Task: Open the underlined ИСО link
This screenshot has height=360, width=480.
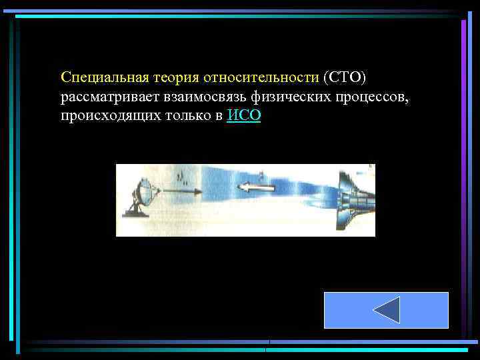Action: (x=244, y=116)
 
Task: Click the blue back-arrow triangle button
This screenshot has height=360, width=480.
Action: (x=386, y=310)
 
